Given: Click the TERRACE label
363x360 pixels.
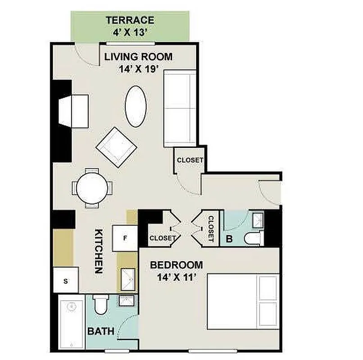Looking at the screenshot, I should point(130,20).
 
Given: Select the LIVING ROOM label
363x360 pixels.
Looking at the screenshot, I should point(138,57).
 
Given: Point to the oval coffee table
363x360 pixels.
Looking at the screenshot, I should point(136,106).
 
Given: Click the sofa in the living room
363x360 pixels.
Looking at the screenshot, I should point(180,108).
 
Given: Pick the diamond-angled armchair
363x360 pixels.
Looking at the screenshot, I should point(116,147).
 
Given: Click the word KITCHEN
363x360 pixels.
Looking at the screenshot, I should point(100,252).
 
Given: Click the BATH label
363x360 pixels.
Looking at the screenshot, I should point(100,332).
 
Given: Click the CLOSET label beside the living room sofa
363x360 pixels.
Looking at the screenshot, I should point(190,160).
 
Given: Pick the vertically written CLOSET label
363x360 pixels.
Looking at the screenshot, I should point(210,228).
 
